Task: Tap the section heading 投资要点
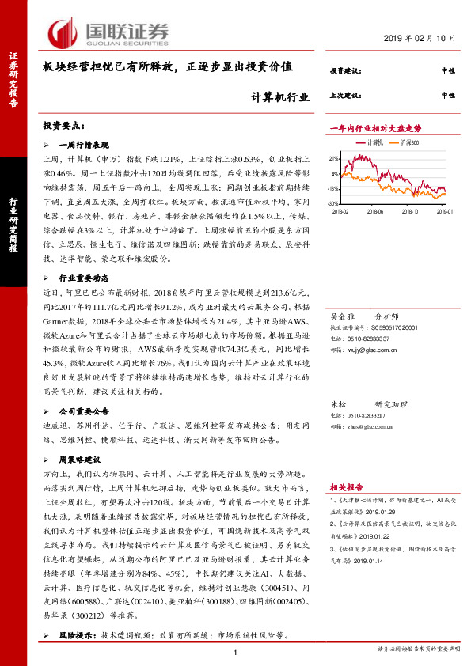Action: click(63, 126)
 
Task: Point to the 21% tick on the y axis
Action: click(334, 157)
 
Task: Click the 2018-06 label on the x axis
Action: click(375, 212)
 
